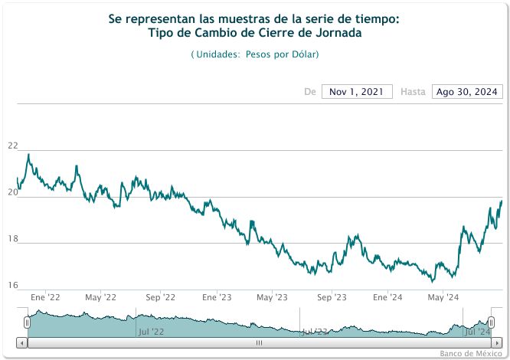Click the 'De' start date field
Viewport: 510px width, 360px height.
point(357,92)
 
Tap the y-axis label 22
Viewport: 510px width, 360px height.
point(11,146)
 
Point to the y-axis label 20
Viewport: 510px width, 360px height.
point(11,192)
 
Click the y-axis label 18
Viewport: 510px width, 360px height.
point(11,239)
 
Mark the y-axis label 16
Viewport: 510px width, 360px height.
point(11,285)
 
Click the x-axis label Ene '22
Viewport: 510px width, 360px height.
point(46,297)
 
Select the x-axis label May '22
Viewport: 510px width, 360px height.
point(100,297)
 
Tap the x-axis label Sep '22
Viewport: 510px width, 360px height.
point(160,297)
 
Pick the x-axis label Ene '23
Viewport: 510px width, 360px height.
point(217,297)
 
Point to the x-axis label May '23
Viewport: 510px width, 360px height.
point(272,297)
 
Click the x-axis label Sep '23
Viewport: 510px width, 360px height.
point(332,297)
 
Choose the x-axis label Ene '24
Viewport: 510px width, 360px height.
point(387,297)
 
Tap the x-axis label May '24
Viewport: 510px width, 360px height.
point(443,297)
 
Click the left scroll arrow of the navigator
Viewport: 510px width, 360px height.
point(21,342)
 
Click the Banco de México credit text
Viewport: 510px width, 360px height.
point(470,354)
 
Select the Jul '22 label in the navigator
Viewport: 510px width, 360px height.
point(151,332)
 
